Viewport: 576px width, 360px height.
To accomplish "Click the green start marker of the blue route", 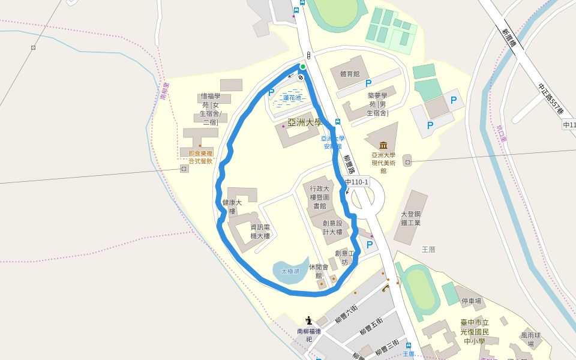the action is [x=303, y=67].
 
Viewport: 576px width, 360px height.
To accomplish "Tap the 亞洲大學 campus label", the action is [x=305, y=122].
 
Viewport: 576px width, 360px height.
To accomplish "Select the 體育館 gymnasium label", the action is [x=349, y=74].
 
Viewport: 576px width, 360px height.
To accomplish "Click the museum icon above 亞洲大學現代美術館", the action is [x=383, y=145].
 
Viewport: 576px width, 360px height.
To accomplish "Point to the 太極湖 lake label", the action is [x=290, y=271].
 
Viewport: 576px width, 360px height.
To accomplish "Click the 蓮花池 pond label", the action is [x=293, y=98].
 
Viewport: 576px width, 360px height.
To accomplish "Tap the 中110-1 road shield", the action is [x=356, y=182].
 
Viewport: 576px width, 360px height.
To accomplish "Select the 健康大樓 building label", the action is [x=232, y=207].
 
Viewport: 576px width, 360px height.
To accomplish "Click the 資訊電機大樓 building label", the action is [x=260, y=232].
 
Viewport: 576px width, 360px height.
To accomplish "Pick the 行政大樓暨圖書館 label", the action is [x=319, y=197].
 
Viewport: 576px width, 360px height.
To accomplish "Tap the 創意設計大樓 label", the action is [x=332, y=227].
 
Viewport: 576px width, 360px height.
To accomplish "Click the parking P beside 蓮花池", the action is [x=271, y=92].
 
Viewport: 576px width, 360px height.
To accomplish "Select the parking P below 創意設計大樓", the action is [x=370, y=244].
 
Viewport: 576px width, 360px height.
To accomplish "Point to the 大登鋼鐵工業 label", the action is [x=411, y=218].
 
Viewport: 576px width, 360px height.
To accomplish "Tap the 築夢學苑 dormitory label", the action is [x=377, y=104].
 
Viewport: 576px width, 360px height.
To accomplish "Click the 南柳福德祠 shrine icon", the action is [x=308, y=320].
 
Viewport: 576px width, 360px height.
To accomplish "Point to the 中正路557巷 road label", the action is [x=550, y=98].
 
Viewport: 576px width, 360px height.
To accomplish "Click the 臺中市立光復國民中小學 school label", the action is [x=475, y=332].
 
